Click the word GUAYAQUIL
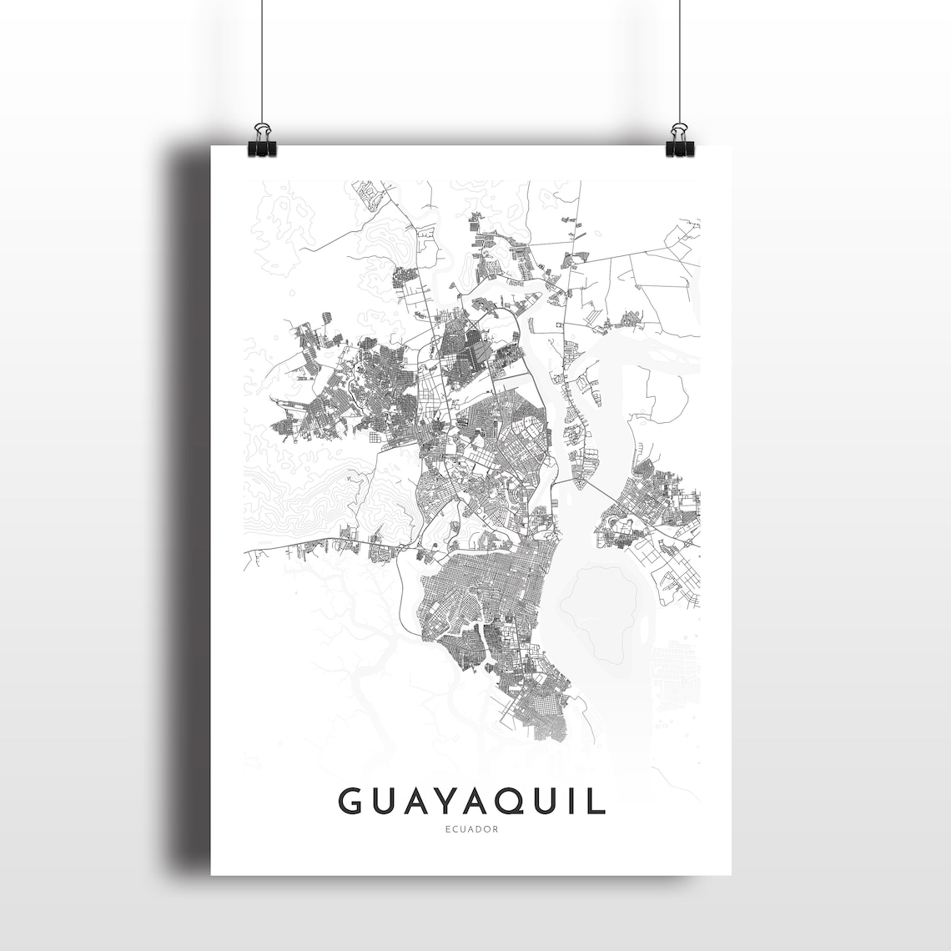point(471,801)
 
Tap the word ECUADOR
point(472,829)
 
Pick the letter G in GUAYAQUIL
point(351,801)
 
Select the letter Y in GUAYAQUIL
point(442,801)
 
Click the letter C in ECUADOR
point(455,829)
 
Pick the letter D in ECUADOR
point(480,829)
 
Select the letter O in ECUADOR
point(488,829)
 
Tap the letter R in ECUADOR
point(496,829)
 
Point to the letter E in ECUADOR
point(448,829)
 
